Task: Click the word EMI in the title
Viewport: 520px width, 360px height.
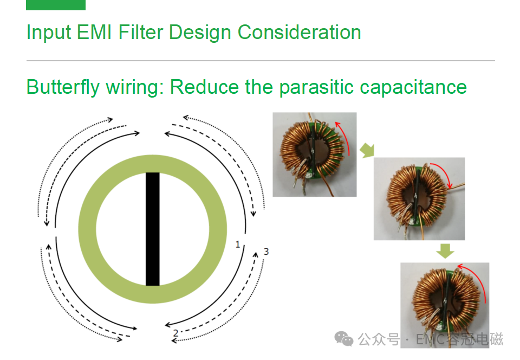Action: [x=94, y=32]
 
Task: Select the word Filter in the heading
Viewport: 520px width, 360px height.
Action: [x=141, y=32]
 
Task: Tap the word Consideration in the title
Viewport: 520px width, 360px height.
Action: [x=299, y=32]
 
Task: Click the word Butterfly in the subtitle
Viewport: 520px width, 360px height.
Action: [x=63, y=87]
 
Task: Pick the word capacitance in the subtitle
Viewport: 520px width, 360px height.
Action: [x=413, y=88]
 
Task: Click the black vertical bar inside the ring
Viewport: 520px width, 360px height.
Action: [x=153, y=229]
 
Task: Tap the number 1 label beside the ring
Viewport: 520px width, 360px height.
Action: [x=237, y=245]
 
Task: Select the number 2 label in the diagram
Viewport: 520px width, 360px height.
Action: [x=175, y=333]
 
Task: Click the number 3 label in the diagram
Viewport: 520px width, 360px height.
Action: [x=266, y=252]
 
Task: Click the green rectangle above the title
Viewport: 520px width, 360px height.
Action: [x=56, y=5]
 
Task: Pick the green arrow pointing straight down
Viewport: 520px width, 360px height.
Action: [x=445, y=251]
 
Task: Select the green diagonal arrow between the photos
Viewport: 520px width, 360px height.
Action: [x=367, y=151]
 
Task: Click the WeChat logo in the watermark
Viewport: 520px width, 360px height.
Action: [x=343, y=339]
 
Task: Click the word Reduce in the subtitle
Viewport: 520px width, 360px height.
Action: [x=204, y=87]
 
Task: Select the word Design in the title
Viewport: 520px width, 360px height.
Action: [x=200, y=33]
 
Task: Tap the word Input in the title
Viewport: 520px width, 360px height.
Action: [x=49, y=33]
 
